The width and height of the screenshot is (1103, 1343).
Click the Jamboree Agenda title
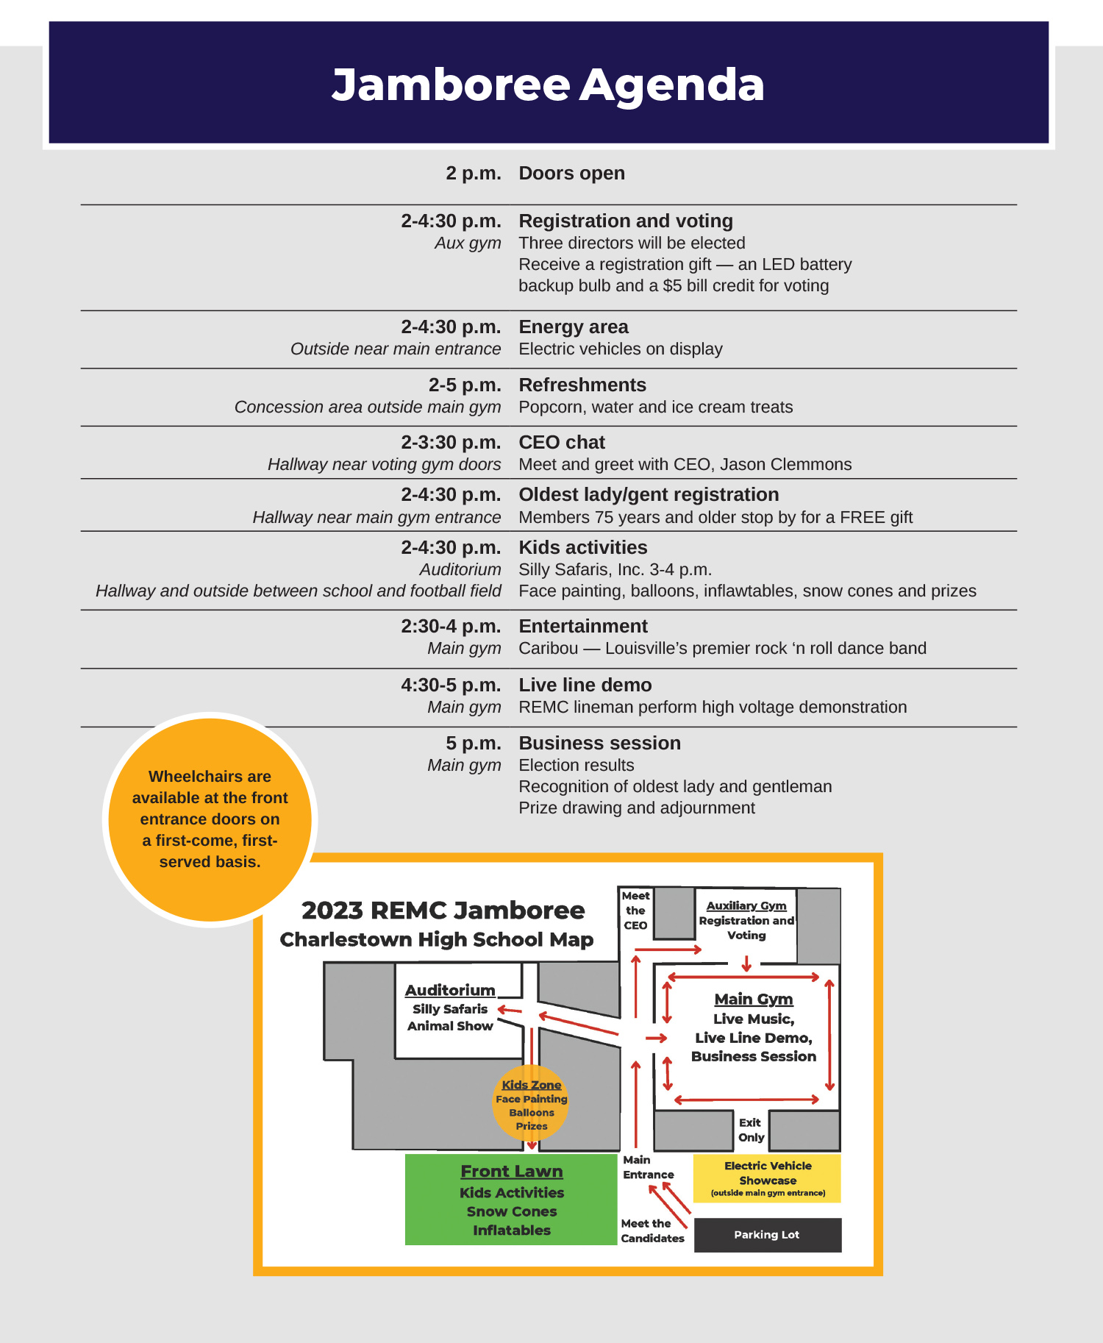click(x=548, y=85)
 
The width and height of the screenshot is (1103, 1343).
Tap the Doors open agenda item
click(x=571, y=174)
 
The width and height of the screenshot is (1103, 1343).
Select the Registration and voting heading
click(x=625, y=221)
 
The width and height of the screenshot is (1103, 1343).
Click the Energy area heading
click(x=573, y=327)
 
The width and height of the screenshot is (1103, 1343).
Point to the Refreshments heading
click(x=582, y=385)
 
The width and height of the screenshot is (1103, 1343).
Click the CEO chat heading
click(x=561, y=442)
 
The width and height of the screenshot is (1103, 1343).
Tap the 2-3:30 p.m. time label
click(x=451, y=442)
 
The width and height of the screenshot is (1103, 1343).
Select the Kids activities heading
click(x=582, y=547)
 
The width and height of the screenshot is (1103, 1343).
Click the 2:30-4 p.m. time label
click(x=451, y=626)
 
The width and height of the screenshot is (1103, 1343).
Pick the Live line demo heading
click(x=585, y=685)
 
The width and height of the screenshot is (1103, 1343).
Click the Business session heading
click(x=599, y=743)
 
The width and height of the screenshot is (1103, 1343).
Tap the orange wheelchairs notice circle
click(x=210, y=819)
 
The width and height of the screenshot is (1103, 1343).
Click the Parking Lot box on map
click(x=767, y=1235)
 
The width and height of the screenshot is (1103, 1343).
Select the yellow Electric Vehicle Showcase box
click(x=767, y=1178)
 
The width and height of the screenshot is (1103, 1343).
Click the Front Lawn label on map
click(x=512, y=1171)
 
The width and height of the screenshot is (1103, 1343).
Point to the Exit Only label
click(x=751, y=1130)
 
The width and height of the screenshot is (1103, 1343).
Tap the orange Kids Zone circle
click(x=531, y=1103)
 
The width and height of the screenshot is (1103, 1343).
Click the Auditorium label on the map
click(x=450, y=991)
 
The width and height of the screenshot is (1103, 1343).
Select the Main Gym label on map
click(x=754, y=999)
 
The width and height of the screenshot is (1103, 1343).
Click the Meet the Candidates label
click(x=652, y=1230)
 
